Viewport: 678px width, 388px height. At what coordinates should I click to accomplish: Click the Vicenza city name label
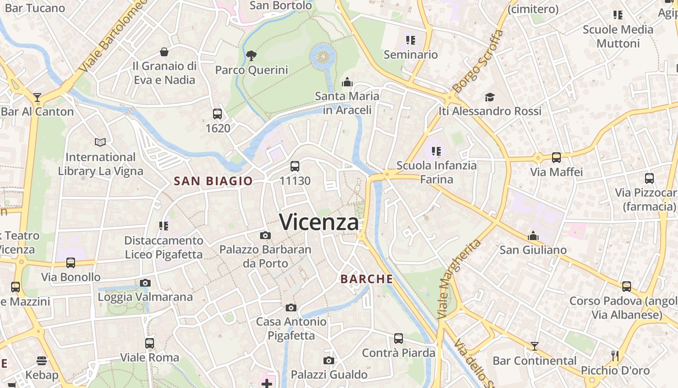click(319, 222)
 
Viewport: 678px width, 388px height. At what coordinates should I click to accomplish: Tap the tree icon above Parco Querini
click(251, 55)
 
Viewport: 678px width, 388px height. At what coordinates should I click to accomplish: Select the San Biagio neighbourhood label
click(213, 181)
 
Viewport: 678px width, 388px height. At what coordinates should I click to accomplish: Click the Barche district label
click(367, 279)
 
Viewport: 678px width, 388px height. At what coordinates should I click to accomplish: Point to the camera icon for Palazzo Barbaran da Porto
click(265, 236)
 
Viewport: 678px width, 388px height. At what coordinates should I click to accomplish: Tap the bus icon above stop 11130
click(295, 166)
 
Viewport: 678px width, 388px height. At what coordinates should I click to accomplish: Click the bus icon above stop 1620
click(217, 114)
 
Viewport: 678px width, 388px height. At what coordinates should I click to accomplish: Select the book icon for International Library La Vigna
click(100, 143)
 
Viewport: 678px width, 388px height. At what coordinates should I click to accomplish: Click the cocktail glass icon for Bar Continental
click(534, 346)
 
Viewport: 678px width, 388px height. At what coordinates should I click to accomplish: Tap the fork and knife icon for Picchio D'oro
click(615, 356)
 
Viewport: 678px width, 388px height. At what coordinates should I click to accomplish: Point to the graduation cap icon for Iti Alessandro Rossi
click(490, 97)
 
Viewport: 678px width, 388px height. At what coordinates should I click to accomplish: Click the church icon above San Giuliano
click(533, 236)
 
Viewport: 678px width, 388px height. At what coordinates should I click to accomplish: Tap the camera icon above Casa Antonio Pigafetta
click(291, 307)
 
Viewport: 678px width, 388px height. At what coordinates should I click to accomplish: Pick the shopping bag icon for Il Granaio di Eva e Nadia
click(164, 52)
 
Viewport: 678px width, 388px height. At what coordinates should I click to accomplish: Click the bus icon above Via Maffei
click(556, 157)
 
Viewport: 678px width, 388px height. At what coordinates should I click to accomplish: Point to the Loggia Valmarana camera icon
click(145, 283)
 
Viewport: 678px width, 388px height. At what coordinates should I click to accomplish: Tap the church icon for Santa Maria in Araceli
click(347, 82)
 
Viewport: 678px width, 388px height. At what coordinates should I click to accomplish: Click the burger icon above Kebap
click(42, 361)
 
